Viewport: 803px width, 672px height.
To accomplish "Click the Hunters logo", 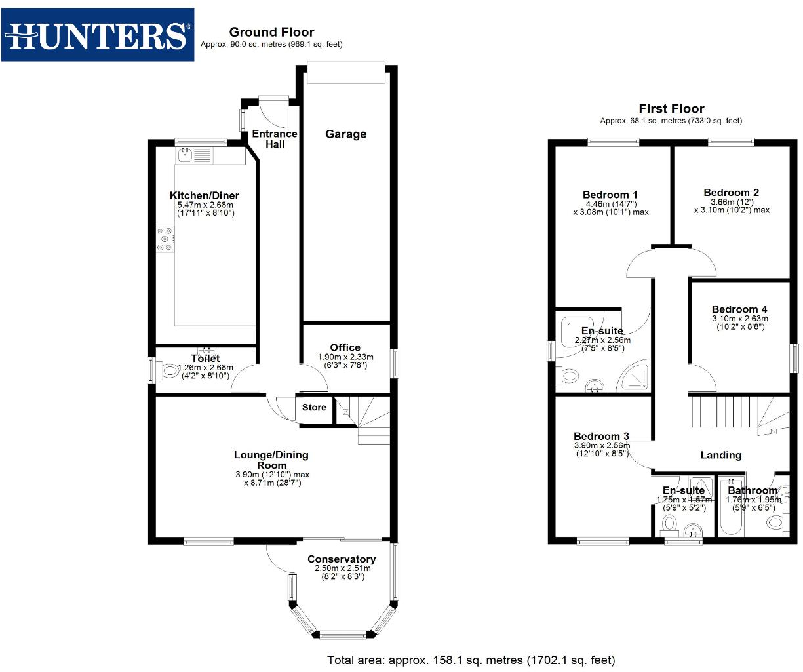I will click(x=98, y=35).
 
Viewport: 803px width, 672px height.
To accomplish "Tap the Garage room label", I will click(x=345, y=134).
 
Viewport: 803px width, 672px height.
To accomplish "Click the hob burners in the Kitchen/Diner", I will click(x=165, y=239).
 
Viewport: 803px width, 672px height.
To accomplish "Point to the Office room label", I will click(x=345, y=347).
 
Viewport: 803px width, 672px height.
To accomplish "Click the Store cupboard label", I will click(x=314, y=408).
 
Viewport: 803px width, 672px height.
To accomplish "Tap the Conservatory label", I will click(x=342, y=559).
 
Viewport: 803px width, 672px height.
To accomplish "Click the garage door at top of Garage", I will click(x=345, y=73).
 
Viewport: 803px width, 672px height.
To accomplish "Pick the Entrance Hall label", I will click(x=275, y=138).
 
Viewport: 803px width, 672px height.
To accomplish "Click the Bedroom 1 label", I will click(x=610, y=195).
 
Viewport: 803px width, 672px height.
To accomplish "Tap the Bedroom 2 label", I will click(x=731, y=193).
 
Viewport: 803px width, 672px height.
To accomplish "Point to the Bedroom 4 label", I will click(x=739, y=309).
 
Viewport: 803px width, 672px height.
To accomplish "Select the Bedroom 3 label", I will click(x=601, y=437).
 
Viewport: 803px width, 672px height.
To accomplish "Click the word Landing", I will click(x=721, y=455).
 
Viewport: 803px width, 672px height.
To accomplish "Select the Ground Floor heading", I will click(x=271, y=32).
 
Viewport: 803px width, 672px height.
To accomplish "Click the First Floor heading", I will click(x=671, y=109).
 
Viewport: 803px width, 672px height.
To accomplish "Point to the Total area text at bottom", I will click(x=471, y=660).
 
